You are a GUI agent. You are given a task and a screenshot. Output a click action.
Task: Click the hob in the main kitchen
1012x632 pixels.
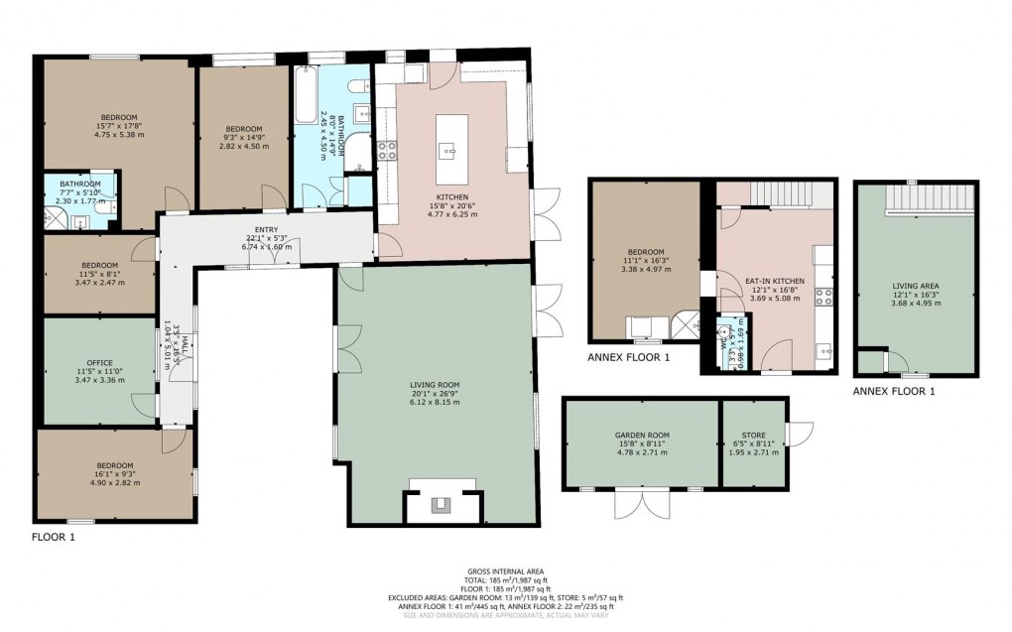point(387,151)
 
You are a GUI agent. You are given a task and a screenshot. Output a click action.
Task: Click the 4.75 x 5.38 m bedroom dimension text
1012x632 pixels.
point(118,134)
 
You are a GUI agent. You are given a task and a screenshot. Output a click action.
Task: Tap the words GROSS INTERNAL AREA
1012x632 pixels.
point(506,572)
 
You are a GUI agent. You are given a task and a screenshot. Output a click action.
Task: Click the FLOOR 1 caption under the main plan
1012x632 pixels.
point(52,537)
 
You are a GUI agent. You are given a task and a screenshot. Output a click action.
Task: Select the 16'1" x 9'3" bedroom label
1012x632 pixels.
point(114,465)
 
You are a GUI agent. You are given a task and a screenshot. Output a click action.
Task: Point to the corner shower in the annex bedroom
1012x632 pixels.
point(685,324)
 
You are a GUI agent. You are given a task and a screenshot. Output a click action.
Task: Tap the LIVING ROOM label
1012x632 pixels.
point(436,384)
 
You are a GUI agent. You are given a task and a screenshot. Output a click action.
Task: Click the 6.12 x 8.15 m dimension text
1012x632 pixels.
point(436,402)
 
